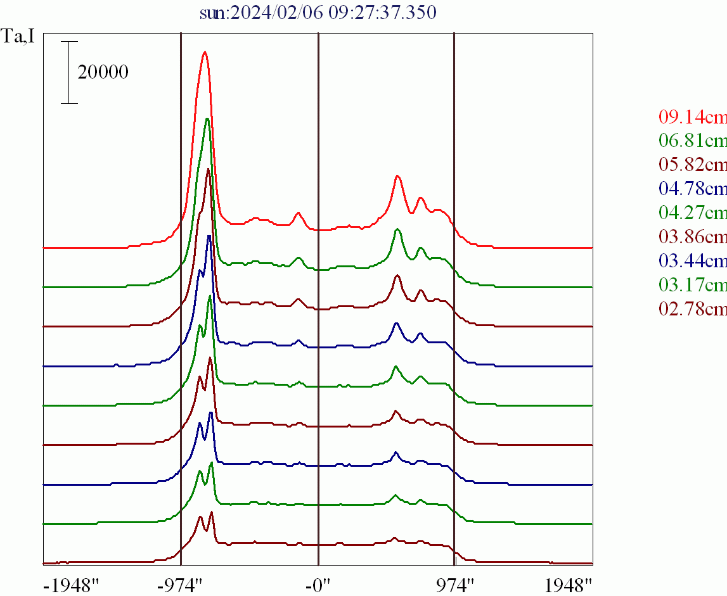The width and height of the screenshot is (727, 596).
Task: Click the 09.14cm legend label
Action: pos(693,117)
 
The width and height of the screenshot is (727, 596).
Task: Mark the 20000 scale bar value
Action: pos(103,72)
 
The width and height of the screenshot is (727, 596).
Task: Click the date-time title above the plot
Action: pos(318,13)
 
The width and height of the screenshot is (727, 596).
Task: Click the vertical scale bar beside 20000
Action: pos(70,72)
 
